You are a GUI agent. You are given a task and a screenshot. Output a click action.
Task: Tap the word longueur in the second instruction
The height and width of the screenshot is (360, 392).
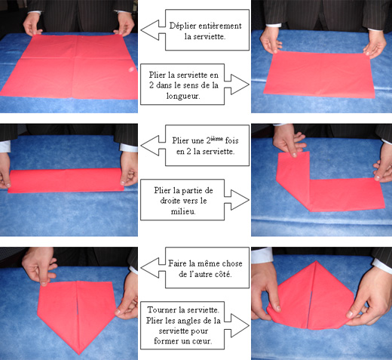[183, 96]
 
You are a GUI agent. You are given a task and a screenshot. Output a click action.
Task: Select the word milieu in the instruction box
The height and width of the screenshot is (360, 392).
[183, 211]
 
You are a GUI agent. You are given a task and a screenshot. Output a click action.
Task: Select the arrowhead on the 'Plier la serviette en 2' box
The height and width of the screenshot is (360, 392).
[240, 85]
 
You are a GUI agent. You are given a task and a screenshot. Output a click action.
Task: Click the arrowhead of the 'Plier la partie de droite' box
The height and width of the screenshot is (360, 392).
[240, 200]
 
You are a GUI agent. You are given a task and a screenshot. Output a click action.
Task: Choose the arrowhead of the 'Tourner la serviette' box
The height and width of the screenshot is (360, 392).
[240, 325]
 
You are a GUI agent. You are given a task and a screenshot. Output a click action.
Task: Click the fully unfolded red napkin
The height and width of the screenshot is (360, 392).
[70, 66]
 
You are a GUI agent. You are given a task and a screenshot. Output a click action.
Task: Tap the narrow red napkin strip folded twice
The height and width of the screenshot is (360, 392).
[66, 180]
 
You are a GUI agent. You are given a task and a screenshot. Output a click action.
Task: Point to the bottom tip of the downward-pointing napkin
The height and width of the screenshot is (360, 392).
[79, 354]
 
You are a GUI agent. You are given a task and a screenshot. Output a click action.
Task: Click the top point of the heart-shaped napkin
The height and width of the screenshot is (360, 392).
[317, 261]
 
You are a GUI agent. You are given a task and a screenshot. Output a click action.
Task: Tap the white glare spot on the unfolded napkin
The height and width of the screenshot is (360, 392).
[131, 69]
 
